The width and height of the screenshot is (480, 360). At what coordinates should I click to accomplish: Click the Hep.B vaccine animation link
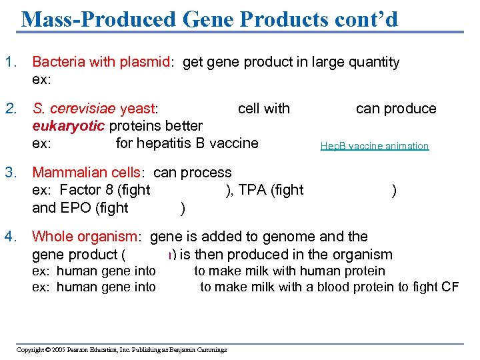click(374, 146)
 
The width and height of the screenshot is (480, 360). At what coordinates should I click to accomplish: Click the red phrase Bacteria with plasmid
click(101, 63)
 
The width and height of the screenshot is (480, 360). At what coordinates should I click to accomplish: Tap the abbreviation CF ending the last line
click(449, 287)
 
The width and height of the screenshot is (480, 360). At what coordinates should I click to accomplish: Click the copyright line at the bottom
click(121, 350)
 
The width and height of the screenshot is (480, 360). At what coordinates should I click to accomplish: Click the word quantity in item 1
click(371, 63)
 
